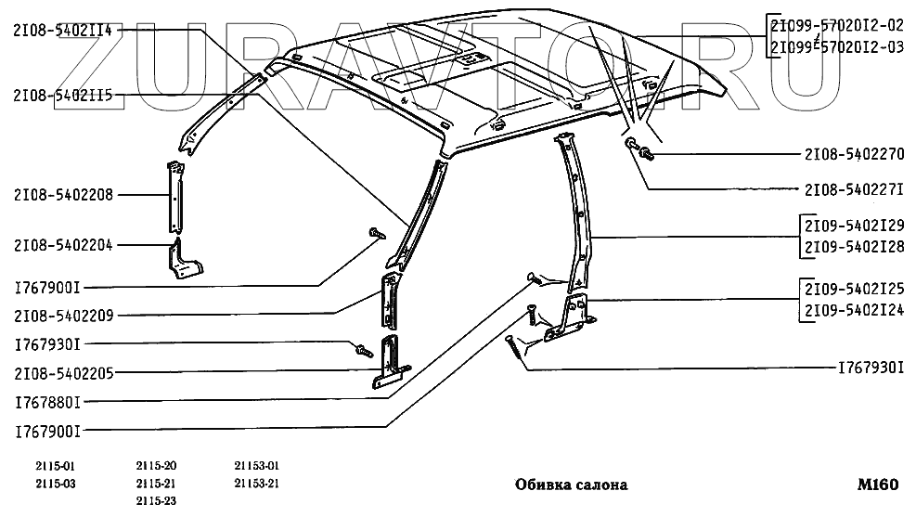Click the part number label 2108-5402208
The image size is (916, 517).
(63, 195)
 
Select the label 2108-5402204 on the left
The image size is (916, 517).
(63, 246)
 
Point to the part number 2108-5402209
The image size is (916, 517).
(63, 316)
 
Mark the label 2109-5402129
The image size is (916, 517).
(854, 226)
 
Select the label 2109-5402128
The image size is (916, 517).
(854, 246)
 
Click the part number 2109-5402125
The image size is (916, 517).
(854, 289)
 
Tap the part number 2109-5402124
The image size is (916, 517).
(854, 309)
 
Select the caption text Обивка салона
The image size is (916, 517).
(571, 485)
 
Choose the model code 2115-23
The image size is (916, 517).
(156, 501)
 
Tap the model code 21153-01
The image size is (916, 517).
(257, 466)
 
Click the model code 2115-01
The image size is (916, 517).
(56, 466)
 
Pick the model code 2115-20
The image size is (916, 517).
(156, 466)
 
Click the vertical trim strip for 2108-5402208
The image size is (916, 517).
(174, 197)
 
